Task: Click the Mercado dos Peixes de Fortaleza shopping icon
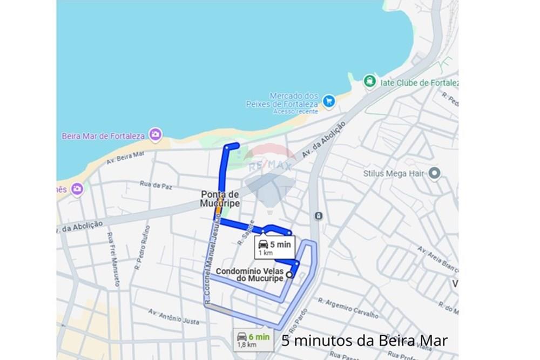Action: point(328,100)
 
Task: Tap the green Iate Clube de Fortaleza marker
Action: point(369,81)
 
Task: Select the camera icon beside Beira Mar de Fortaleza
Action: point(156,135)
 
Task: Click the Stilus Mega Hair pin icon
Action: point(435,173)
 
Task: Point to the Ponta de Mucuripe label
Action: point(220,199)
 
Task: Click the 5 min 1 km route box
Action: point(275,248)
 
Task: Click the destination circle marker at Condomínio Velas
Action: point(289,274)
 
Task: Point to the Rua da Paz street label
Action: point(156,186)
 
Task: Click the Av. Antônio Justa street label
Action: point(174,316)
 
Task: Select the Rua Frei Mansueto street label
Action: point(113,259)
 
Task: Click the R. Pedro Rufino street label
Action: point(143,247)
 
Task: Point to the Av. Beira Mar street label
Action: point(125,157)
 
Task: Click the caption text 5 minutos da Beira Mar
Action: point(364,341)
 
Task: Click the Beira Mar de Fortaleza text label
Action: point(103,136)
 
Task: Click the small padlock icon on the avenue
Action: point(319,216)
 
